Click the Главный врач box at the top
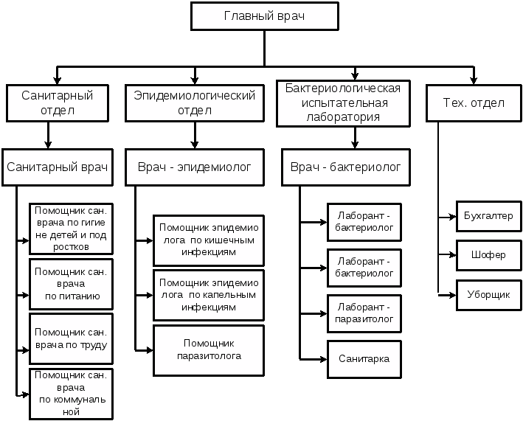264,16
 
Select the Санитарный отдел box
58,103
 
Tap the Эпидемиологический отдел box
195,103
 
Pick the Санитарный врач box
58,167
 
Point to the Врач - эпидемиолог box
195,167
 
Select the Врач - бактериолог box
345,167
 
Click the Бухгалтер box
489,218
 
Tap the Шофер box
489,255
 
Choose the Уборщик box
489,295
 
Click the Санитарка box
364,359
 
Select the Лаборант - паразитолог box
364,313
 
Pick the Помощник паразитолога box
209,349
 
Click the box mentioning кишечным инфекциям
209,240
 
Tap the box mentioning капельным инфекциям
209,295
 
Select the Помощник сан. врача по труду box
71,338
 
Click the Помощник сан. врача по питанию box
71,284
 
